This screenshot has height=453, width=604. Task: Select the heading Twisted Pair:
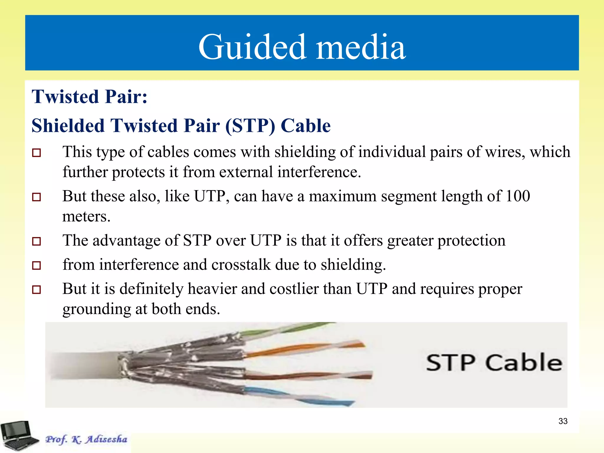pyautogui.click(x=90, y=96)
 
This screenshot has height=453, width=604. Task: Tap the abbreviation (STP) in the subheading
pyautogui.click(x=250, y=126)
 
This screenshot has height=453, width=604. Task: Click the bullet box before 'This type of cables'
pyautogui.click(x=37, y=153)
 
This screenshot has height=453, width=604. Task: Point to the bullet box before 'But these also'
pyautogui.click(x=37, y=197)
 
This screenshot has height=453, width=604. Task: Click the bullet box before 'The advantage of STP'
pyautogui.click(x=37, y=241)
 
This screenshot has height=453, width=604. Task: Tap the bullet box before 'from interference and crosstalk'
pyautogui.click(x=37, y=265)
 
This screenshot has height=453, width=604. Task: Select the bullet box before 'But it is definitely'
pyautogui.click(x=37, y=289)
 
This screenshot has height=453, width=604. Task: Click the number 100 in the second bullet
pyautogui.click(x=518, y=196)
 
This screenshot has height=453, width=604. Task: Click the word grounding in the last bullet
pyautogui.click(x=97, y=309)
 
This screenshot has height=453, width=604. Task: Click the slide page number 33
pyautogui.click(x=563, y=421)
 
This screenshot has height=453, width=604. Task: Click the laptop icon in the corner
pyautogui.click(x=18, y=436)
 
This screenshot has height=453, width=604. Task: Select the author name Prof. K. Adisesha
pyautogui.click(x=86, y=439)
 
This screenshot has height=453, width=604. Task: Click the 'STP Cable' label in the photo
pyautogui.click(x=494, y=362)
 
